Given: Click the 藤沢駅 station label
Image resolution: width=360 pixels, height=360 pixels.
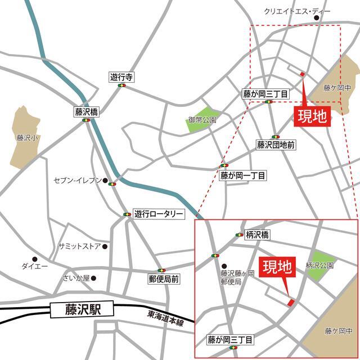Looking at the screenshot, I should point(81,309).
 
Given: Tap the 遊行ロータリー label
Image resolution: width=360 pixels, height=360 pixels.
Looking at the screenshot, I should point(159,214).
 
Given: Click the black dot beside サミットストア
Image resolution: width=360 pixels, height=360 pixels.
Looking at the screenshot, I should point(105,246).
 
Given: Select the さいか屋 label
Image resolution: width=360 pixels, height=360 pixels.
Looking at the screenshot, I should point(76,278).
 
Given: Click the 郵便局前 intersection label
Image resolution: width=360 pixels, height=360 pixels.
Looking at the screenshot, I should point(164,278).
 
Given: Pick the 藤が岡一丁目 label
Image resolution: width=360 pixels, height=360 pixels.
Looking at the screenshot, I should point(243,175).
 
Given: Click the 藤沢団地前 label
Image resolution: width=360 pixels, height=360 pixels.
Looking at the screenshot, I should point(276,145).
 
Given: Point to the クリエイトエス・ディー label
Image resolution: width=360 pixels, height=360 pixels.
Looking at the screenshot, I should point(289,12).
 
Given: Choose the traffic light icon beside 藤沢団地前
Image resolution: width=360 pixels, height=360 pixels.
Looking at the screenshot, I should point(276,136).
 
